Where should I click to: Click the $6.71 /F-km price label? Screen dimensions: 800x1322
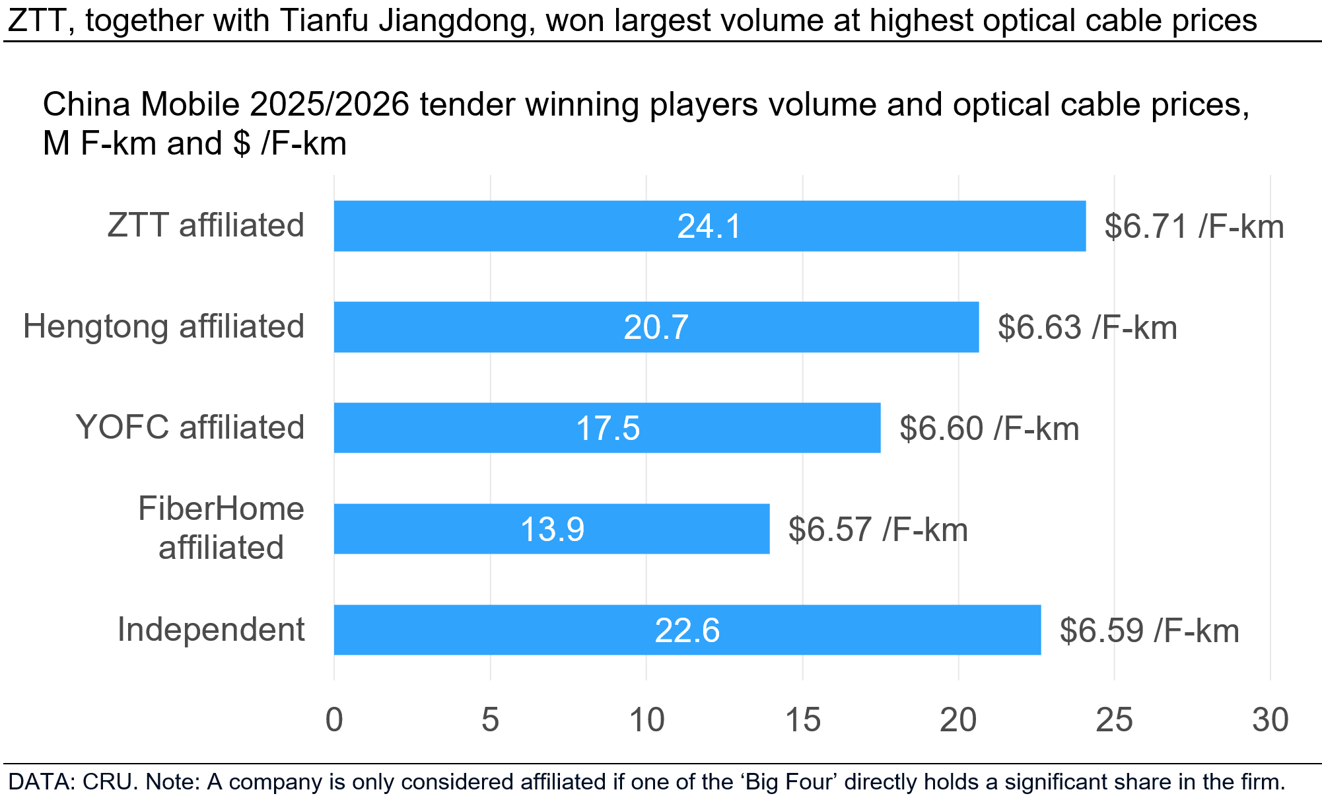[x=1194, y=227]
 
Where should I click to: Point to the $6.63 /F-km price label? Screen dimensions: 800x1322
[x=1087, y=328]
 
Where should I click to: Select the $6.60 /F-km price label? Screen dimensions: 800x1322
[x=989, y=429]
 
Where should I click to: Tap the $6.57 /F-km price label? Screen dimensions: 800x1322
[x=878, y=530]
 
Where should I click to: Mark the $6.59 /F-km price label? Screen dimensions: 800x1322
[x=1149, y=630]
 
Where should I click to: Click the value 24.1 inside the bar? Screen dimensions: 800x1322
[x=710, y=227]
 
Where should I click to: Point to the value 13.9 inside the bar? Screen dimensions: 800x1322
[x=552, y=530]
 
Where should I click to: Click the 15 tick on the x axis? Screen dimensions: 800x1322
[x=802, y=720]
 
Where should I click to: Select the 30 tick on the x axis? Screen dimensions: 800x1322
[x=1270, y=720]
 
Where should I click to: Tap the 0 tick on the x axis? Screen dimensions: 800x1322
[x=334, y=720]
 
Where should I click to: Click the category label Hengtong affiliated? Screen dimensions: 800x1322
[x=164, y=326]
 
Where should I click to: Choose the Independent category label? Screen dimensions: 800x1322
[x=211, y=629]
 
